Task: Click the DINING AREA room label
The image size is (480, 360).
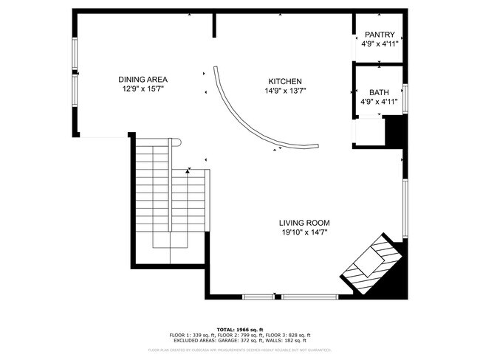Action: click(x=143, y=80)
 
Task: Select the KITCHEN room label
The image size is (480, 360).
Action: click(x=284, y=81)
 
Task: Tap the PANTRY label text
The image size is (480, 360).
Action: click(x=379, y=34)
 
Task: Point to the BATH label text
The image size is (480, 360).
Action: click(x=379, y=92)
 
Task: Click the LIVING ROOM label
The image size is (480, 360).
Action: click(x=304, y=223)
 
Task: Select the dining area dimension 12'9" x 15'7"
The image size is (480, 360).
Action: click(x=143, y=89)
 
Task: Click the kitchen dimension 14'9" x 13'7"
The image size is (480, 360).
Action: click(x=284, y=91)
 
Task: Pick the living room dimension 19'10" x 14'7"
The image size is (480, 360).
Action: click(x=304, y=232)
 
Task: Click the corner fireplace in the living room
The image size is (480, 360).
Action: click(x=373, y=265)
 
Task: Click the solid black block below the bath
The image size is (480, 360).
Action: click(x=395, y=132)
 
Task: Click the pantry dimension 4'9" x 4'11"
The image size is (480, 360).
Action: click(x=379, y=44)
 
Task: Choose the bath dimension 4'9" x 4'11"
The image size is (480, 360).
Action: click(x=379, y=102)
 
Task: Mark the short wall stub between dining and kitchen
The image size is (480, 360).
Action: click(x=214, y=24)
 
